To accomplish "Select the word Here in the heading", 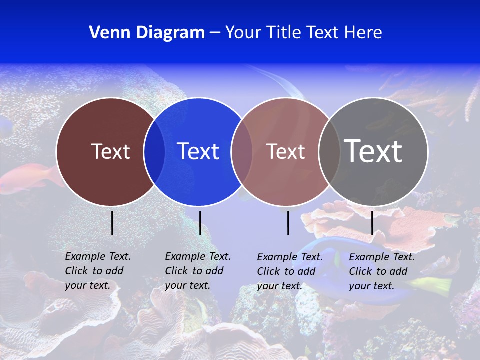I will click(x=363, y=33).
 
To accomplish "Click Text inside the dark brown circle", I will click(x=110, y=151).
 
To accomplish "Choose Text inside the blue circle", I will click(x=198, y=151).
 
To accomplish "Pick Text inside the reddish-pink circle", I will click(x=285, y=151).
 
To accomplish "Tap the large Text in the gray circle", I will click(x=373, y=151).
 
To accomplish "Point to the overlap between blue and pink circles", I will click(x=242, y=152).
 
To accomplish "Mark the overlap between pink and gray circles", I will click(x=329, y=152).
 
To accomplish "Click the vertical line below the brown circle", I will click(x=112, y=223).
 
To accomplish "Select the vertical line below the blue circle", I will click(x=200, y=223).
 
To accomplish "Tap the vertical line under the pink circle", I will click(x=288, y=223).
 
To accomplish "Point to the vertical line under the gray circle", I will click(x=372, y=223).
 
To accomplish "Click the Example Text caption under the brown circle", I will click(x=97, y=271).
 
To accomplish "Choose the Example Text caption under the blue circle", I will click(x=197, y=271).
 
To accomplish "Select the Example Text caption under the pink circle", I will click(x=289, y=271).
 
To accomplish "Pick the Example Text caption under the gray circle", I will click(x=381, y=271).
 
